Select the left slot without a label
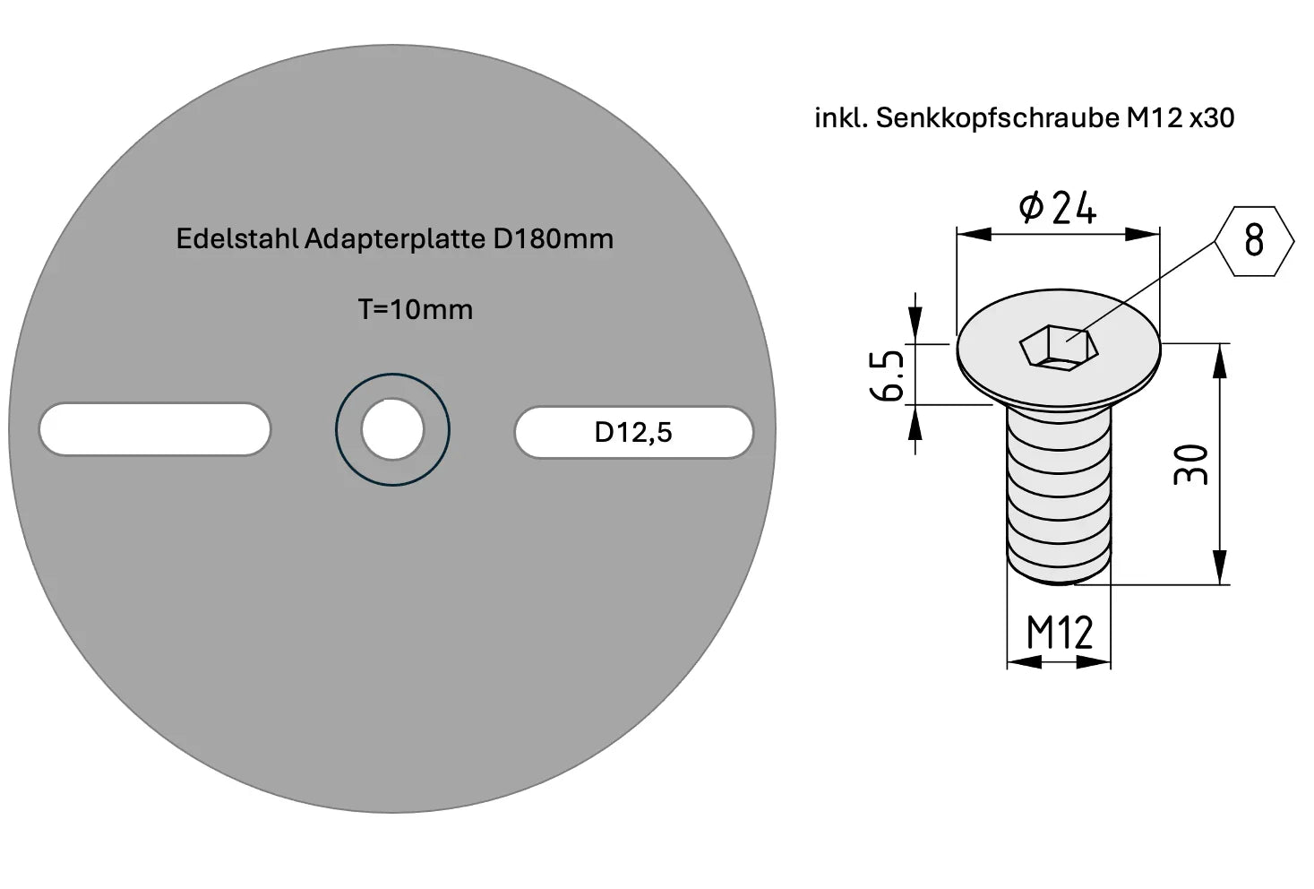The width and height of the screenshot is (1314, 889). click(154, 430)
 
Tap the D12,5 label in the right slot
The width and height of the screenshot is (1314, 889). click(632, 432)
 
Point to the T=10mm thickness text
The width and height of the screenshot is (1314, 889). click(415, 309)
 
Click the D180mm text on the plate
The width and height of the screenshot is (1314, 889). click(553, 239)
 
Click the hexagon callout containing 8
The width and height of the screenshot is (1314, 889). click(1254, 240)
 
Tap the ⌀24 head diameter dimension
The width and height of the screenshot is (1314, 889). click(1058, 208)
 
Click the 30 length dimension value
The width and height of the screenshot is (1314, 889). click(1192, 464)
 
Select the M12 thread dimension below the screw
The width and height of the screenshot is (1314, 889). click(1059, 633)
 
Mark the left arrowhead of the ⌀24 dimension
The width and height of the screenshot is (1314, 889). click(973, 234)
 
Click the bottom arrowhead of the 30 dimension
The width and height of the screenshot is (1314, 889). click(1219, 570)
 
